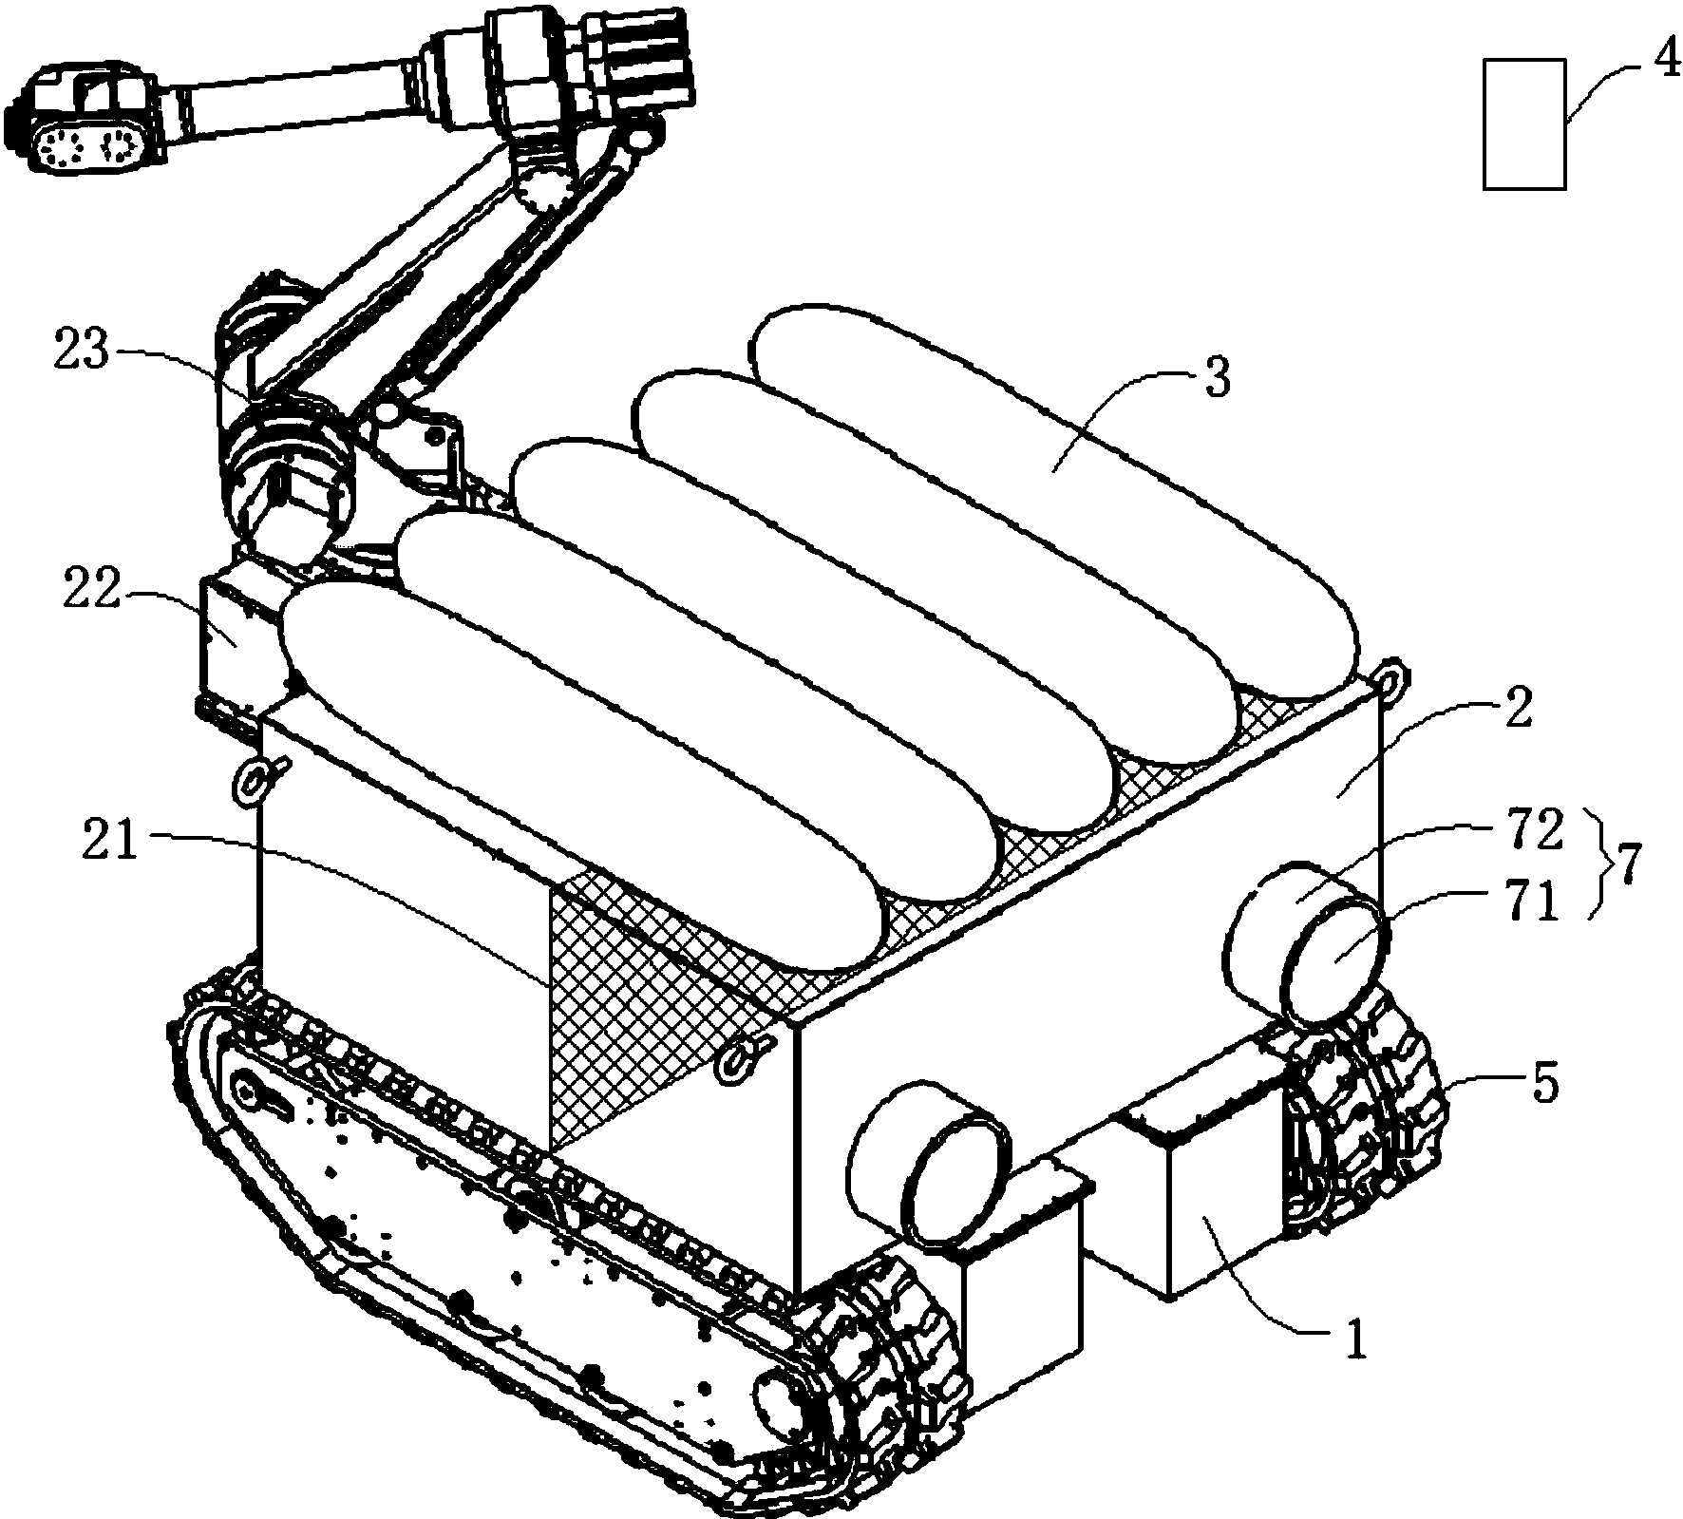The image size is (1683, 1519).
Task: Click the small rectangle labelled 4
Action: pyautogui.click(x=1524, y=124)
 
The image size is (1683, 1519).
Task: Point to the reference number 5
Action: pyautogui.click(x=1545, y=1083)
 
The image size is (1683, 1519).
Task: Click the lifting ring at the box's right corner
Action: pyautogui.click(x=1393, y=678)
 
